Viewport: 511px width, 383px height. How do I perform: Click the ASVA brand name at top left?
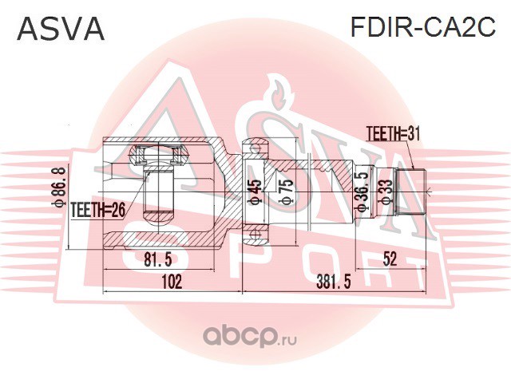(x=61, y=29)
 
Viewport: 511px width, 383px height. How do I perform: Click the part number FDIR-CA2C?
(x=422, y=27)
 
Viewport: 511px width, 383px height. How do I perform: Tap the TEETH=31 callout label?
(x=393, y=133)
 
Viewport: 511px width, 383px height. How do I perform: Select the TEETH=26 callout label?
(x=97, y=211)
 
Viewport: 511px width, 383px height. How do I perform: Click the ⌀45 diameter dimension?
(x=255, y=191)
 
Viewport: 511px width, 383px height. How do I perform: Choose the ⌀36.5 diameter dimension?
(x=362, y=191)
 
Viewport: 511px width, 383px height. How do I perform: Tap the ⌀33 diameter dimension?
(x=386, y=192)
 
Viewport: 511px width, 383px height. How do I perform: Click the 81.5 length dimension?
(x=158, y=259)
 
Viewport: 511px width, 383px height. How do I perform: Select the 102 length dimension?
(x=172, y=282)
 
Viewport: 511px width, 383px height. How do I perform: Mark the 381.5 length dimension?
(x=334, y=282)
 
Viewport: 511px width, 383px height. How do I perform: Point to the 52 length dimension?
(x=390, y=259)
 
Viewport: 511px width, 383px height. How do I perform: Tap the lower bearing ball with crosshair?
(x=255, y=235)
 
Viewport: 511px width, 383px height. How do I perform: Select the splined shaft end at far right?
(x=411, y=191)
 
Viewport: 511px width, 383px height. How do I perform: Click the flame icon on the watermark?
(x=279, y=93)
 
